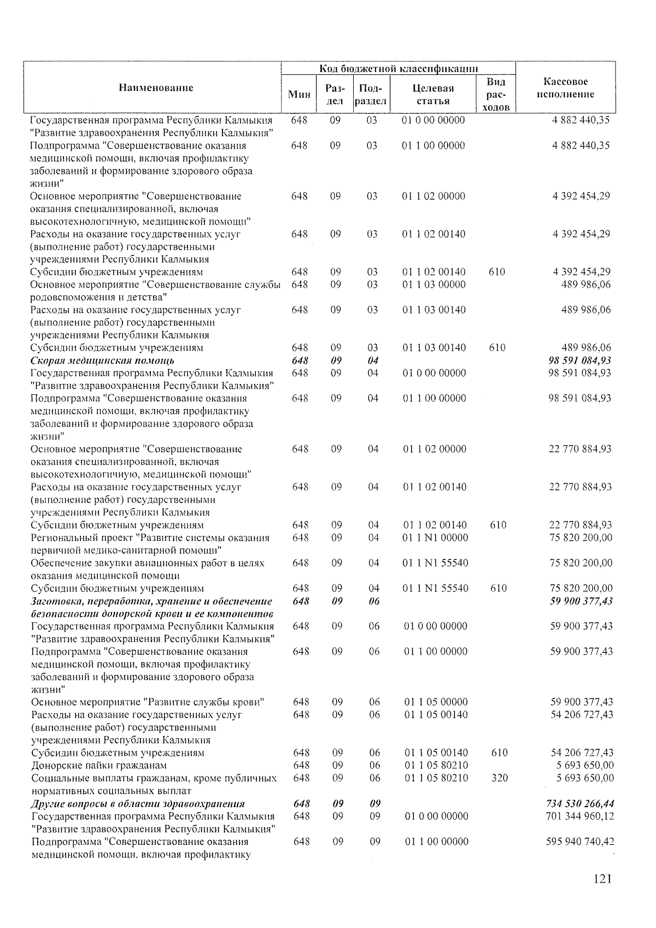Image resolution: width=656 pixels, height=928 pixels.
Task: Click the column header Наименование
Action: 156,87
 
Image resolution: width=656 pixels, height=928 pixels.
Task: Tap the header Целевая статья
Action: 433,95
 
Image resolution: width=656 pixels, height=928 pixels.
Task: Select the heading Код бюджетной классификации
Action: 399,68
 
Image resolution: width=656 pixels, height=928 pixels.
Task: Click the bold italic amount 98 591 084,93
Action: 579,360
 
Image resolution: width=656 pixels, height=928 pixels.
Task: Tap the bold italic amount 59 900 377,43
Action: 581,601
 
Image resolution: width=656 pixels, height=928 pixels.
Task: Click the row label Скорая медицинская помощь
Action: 103,360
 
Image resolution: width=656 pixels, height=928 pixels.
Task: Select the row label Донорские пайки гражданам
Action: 99,765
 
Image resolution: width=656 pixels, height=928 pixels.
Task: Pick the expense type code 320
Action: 499,778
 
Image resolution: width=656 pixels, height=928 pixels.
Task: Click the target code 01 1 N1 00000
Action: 435,538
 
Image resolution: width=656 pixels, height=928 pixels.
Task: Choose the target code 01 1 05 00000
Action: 436,702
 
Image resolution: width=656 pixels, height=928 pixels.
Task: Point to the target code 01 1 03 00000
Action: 434,284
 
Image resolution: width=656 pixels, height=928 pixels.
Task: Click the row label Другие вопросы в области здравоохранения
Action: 138,803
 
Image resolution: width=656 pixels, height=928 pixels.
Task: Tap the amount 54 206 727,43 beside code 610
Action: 581,752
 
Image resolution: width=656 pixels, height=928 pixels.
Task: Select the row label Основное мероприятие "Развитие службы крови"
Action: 148,702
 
